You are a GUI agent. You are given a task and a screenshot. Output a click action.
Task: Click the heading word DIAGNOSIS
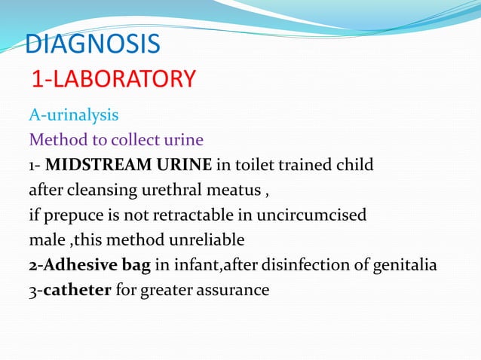point(93,44)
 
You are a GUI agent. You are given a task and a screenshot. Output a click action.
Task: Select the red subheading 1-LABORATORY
point(113,78)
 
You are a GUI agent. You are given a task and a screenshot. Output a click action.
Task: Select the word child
point(354,164)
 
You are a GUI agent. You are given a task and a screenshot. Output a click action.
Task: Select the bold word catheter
point(77,289)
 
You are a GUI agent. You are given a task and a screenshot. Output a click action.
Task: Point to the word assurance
point(231,289)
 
